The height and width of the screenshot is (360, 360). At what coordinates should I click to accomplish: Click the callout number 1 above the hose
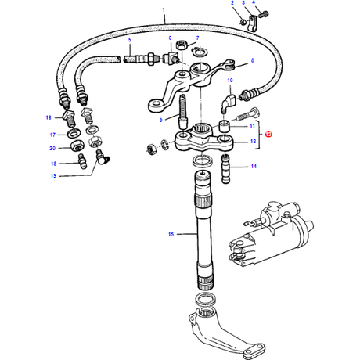[164, 10]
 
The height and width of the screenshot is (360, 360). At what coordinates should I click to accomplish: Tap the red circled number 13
[268, 135]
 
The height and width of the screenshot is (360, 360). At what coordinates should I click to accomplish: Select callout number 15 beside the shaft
[171, 234]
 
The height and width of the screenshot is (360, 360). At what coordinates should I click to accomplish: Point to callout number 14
[254, 166]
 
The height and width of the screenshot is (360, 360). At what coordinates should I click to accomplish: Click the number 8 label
[252, 60]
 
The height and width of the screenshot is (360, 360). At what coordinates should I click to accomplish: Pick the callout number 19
[53, 175]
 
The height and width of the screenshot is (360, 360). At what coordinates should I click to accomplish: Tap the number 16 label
[49, 117]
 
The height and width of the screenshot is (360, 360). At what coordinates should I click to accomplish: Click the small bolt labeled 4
[264, 14]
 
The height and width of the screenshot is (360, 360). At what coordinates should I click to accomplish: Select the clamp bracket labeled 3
[252, 24]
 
